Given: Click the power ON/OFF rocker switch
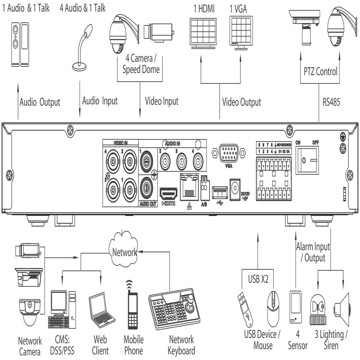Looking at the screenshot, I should (x=307, y=160).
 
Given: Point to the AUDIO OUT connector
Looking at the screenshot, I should (x=148, y=188).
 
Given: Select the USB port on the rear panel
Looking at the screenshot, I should (x=219, y=192).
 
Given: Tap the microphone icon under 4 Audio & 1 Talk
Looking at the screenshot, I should (x=82, y=46).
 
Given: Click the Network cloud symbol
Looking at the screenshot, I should (x=124, y=252).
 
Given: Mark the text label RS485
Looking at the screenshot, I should (x=331, y=102).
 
